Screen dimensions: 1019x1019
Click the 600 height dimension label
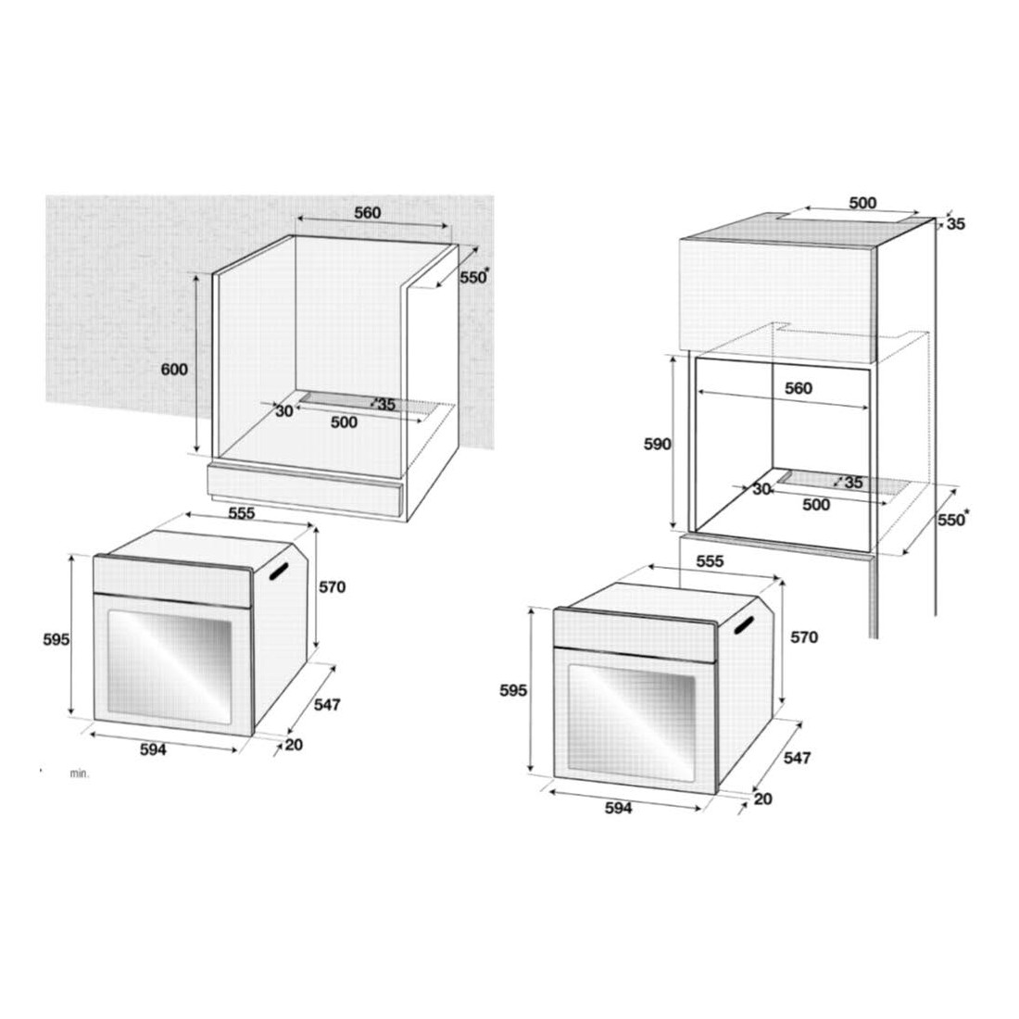point(174,370)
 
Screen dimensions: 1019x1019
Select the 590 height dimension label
point(657,445)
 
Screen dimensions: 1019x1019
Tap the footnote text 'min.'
point(80,774)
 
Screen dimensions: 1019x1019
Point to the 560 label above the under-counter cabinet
point(367,212)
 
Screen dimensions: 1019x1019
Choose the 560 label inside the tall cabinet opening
point(798,389)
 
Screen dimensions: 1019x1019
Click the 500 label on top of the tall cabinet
point(862,204)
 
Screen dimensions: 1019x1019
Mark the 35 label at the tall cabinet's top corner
point(956,224)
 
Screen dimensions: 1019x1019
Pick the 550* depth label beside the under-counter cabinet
point(474,276)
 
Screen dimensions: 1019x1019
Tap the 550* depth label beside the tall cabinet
point(952,520)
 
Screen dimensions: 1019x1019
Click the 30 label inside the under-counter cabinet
point(284,411)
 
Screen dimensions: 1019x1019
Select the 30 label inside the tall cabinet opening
point(761,489)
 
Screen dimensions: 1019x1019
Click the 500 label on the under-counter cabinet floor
point(344,422)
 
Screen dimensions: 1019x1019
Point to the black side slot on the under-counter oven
point(278,571)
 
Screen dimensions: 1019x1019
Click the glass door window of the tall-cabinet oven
point(631,722)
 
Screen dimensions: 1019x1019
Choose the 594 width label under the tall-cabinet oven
point(618,808)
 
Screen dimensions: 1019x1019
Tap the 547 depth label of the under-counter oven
point(327,704)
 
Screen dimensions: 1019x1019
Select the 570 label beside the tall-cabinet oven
point(804,638)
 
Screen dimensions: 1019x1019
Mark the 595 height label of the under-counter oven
point(57,640)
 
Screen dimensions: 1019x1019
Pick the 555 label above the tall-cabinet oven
point(710,560)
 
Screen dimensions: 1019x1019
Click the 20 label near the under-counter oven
point(294,745)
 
